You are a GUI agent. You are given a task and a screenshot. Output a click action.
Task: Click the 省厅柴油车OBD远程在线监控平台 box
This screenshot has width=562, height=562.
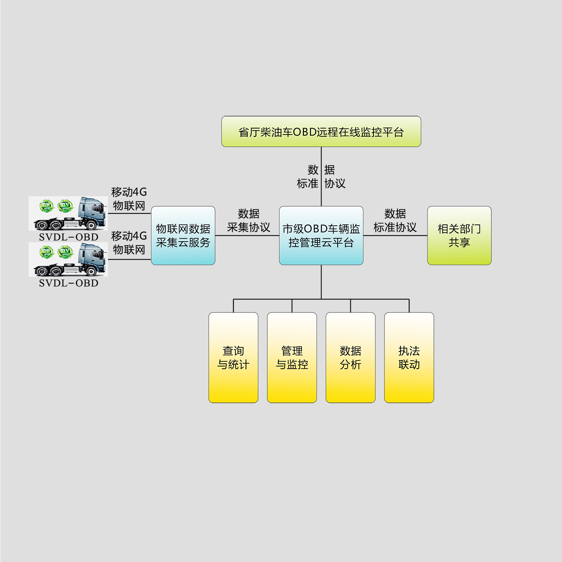(321, 132)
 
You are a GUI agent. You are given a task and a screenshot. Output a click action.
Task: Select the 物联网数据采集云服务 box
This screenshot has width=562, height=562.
(183, 236)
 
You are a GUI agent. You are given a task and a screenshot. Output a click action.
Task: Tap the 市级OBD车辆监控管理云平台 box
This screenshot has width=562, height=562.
(321, 236)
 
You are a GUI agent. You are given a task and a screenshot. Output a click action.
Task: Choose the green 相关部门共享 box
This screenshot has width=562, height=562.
(459, 236)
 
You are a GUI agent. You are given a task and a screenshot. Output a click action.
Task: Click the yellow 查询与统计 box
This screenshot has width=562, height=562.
(233, 358)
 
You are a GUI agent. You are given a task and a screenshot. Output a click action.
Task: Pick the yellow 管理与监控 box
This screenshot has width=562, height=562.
(292, 358)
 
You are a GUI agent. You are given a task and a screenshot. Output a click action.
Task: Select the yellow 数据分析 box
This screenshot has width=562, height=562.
(351, 358)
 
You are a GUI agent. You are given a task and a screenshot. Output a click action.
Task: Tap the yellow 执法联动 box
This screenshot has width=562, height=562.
(409, 358)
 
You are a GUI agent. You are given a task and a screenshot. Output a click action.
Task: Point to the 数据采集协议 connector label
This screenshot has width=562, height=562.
(248, 221)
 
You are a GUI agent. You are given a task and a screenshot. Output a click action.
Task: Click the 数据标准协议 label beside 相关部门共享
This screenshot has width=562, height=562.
(395, 221)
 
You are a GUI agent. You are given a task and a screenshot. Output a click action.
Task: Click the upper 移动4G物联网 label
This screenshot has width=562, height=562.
(129, 199)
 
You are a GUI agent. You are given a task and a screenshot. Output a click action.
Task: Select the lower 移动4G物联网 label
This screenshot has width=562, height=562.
(129, 243)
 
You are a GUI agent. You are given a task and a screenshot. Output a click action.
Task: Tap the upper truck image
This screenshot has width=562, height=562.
(68, 214)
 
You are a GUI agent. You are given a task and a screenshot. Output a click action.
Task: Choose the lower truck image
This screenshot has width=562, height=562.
(68, 260)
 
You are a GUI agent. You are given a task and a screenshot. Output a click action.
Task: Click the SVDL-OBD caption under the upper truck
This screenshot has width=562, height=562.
(69, 237)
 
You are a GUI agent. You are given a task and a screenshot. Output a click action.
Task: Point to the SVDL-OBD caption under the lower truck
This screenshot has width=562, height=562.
(69, 283)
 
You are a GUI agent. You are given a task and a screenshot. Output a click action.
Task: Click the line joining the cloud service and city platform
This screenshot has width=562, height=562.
(247, 236)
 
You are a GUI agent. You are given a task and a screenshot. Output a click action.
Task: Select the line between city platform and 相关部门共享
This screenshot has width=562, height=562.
(395, 236)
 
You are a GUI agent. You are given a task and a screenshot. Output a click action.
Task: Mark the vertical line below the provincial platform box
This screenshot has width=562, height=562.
(321, 176)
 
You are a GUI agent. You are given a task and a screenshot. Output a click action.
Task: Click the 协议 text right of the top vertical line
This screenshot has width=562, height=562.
(335, 184)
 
